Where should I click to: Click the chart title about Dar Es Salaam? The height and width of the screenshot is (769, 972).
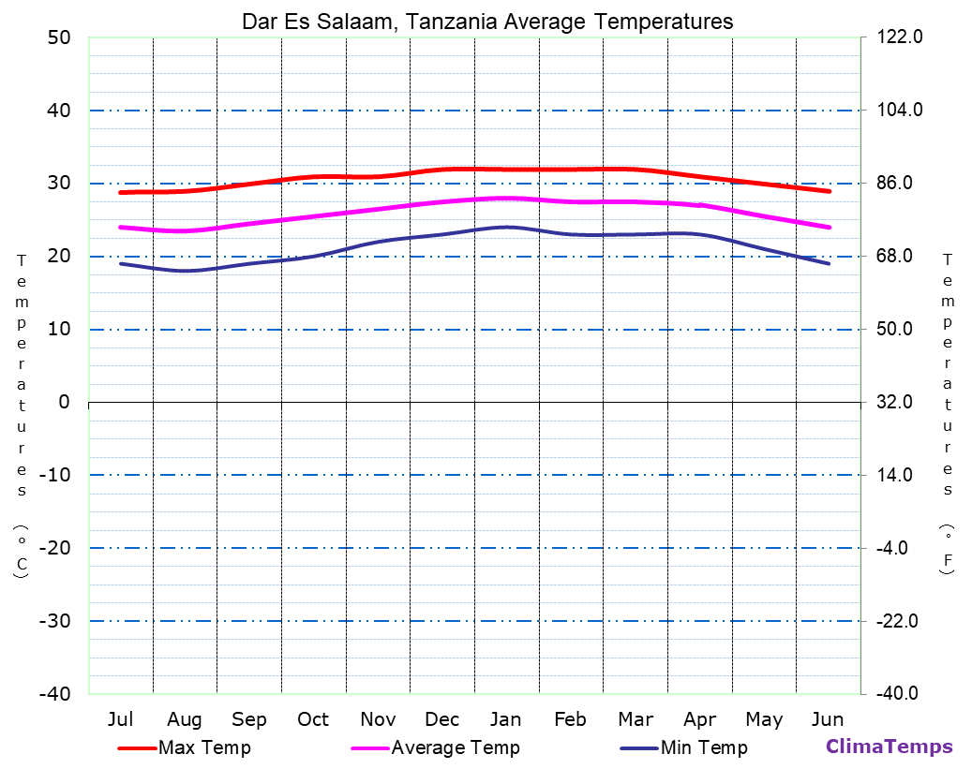pos(487,21)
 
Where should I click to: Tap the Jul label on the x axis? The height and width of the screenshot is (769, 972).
pos(120,719)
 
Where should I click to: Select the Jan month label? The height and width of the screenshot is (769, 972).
pos(506,719)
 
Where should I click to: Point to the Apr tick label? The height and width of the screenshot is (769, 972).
pos(699,719)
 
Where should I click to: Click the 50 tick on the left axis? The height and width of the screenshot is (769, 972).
pos(58,37)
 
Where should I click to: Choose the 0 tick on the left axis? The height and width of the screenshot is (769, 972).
pos(64,402)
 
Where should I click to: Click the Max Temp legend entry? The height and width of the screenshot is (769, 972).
pos(204,747)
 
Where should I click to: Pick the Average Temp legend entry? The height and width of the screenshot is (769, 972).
pos(455,747)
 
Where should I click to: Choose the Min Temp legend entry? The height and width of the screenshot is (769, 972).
pos(704,747)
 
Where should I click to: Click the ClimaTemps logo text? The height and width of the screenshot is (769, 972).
pos(889,747)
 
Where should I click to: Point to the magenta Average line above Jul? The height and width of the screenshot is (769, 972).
pos(121,227)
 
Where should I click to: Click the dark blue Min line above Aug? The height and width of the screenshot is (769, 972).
pos(185,271)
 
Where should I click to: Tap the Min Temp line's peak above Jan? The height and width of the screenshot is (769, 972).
pos(506,227)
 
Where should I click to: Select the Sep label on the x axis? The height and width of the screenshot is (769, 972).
pos(249,719)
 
